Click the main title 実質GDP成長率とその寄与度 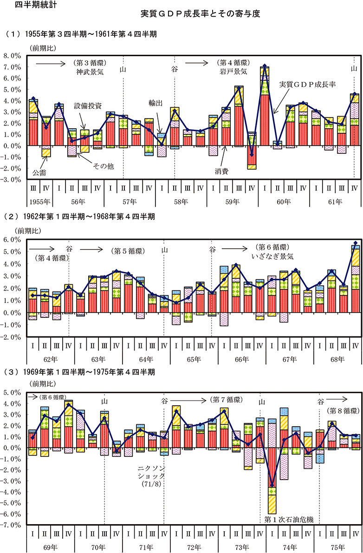(x=200, y=14)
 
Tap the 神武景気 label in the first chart (x=91, y=72)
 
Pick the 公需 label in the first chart (x=39, y=172)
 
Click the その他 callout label (x=104, y=165)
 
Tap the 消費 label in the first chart (x=222, y=171)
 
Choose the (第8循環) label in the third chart (x=343, y=411)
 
